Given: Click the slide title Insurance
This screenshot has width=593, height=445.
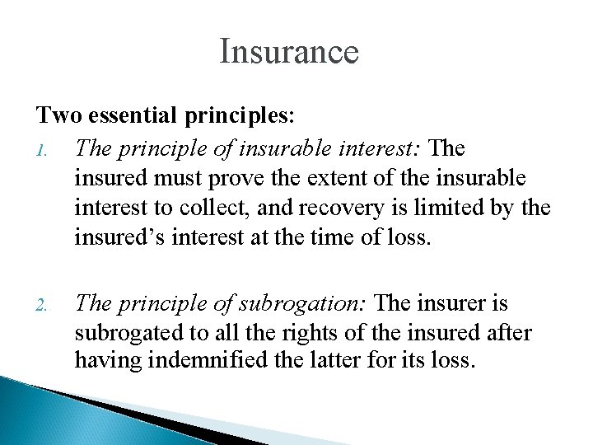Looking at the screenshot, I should point(289,51).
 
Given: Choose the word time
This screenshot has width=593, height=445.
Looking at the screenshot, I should point(330,238).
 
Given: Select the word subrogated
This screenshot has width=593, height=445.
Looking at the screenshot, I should point(125,334).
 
